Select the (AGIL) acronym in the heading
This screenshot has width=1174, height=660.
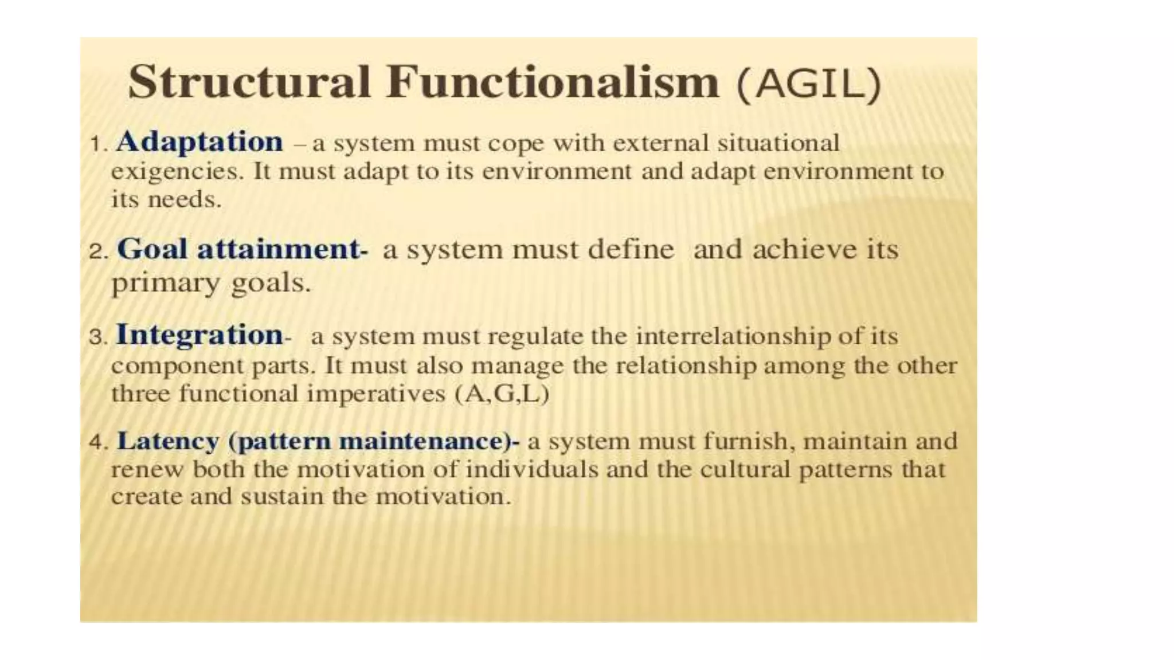click(808, 84)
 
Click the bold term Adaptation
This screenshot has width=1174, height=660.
click(199, 142)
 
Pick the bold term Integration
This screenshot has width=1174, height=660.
click(199, 335)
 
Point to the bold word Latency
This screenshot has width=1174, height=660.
click(168, 441)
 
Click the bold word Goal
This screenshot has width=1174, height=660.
click(152, 250)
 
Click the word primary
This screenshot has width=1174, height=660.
click(166, 283)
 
